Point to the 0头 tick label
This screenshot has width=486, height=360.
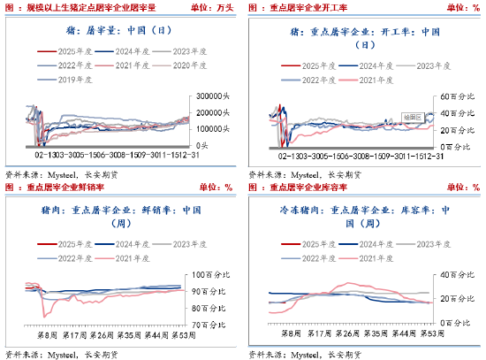click(202, 144)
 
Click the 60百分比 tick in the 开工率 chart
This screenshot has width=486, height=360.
click(453, 95)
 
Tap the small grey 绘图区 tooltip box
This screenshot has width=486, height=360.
click(412, 114)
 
